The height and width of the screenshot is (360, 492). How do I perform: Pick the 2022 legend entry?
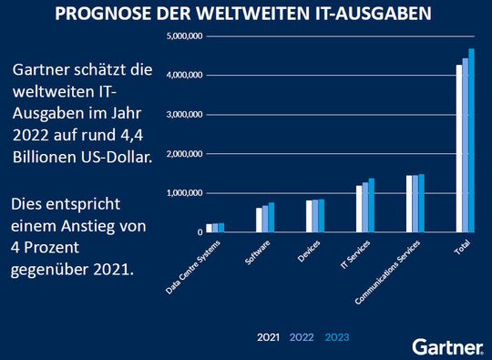point(302,336)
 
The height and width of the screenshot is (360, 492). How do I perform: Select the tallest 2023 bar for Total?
point(472,140)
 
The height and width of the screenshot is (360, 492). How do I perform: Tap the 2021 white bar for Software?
point(259,221)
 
